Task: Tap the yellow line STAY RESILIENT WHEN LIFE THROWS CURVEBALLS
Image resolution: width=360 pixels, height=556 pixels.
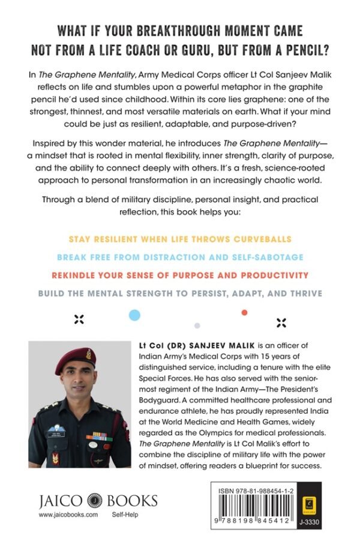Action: pyautogui.click(x=179, y=239)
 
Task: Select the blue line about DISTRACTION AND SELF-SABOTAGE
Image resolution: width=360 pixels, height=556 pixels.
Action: pyautogui.click(x=179, y=257)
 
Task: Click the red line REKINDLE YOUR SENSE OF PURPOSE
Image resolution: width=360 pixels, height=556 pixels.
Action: pyautogui.click(x=179, y=275)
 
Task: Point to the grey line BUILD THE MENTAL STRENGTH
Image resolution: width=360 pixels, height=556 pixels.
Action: pyautogui.click(x=179, y=293)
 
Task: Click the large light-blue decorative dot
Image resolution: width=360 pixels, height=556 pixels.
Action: pyautogui.click(x=135, y=314)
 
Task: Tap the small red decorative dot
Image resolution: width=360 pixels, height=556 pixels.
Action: pyautogui.click(x=244, y=312)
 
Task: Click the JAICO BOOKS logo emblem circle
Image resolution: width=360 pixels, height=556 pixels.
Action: pyautogui.click(x=92, y=501)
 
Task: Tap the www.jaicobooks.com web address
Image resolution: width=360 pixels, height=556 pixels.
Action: pyautogui.click(x=68, y=515)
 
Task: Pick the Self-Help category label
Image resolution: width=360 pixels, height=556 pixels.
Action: pyautogui.click(x=126, y=515)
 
